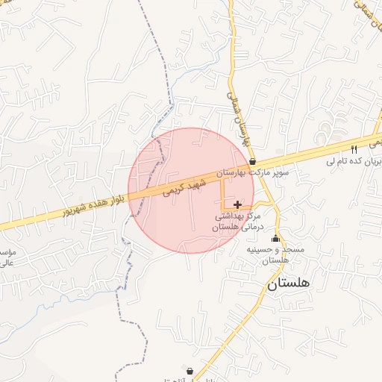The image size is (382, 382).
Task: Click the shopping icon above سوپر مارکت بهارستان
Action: [252, 161]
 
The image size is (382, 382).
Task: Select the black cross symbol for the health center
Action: [237, 204]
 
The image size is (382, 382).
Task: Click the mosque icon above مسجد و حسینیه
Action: [276, 239]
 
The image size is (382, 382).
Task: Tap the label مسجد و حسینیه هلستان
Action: [276, 255]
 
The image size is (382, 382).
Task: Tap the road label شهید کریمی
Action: [184, 187]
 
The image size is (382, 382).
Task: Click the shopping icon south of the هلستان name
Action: [190, 370]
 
